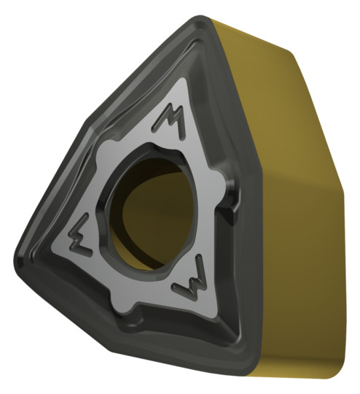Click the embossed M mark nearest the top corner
click(x=170, y=120)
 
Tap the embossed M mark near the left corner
click(x=80, y=236)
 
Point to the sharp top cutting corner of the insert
click(x=201, y=19)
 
